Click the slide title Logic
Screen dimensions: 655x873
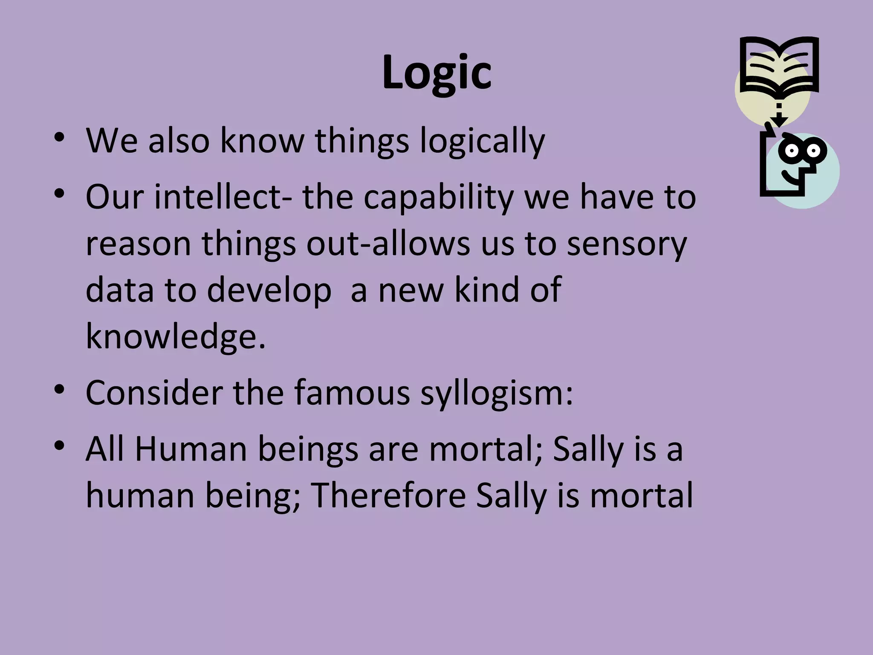(x=436, y=72)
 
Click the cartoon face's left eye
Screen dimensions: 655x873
(x=792, y=151)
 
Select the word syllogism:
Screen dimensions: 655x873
(x=497, y=393)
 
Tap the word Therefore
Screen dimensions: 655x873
(x=388, y=496)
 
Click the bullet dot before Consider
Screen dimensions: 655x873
(x=59, y=390)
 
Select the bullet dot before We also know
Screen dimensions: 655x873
(x=59, y=138)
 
